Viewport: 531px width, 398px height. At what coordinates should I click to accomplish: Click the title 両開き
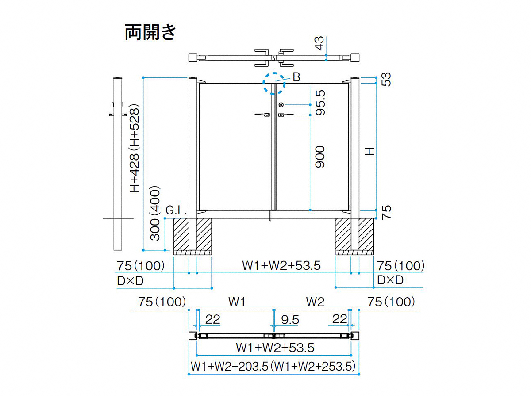(150, 32)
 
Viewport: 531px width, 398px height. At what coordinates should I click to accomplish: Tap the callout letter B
(296, 77)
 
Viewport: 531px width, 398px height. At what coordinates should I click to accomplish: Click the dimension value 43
(319, 43)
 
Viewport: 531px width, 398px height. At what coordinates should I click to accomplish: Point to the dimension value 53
(386, 80)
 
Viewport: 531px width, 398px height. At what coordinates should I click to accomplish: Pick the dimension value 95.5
(320, 103)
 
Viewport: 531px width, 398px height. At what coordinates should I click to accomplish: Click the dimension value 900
(320, 157)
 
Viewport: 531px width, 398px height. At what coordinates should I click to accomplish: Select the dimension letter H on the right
(369, 152)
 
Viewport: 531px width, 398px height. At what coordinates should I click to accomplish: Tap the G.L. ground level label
(176, 211)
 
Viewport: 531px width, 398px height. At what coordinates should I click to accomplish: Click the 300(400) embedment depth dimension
(155, 213)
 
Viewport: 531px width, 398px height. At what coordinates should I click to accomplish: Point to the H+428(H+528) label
(135, 148)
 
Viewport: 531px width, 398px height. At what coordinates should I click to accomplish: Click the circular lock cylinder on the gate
(281, 105)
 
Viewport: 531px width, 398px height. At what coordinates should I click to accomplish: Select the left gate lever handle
(262, 115)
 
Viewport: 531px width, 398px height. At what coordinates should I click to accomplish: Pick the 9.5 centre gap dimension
(290, 320)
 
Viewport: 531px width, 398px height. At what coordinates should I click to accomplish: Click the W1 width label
(237, 302)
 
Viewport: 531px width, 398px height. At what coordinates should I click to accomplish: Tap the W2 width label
(315, 302)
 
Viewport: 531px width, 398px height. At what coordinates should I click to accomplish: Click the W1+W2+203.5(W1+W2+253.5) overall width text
(273, 366)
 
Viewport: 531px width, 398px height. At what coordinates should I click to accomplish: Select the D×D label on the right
(390, 280)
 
